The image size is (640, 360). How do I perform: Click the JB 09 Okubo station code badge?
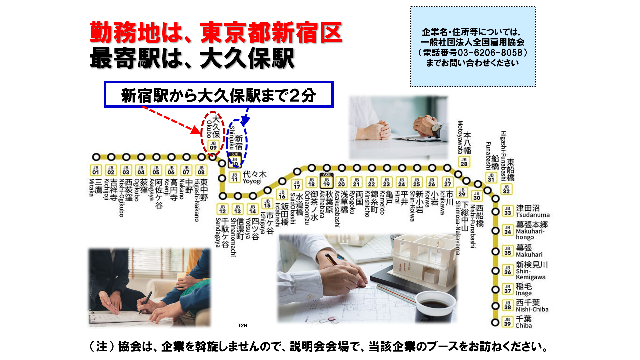pos(213,145)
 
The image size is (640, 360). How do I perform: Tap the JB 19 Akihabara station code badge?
pos(326,182)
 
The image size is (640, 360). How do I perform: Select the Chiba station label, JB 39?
pos(523,322)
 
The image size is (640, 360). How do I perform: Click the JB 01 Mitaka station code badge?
pos(96,170)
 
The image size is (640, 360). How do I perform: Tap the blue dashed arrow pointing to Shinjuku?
pos(246,117)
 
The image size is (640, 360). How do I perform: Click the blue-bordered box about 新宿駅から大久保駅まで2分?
pos(219,94)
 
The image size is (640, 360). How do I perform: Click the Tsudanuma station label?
pos(532,211)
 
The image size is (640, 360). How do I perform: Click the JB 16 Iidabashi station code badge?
pos(282,194)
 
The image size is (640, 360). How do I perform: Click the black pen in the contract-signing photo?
pos(145,302)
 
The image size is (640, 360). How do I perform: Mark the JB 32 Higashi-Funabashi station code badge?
pos(506,189)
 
